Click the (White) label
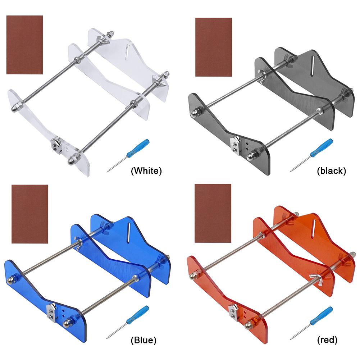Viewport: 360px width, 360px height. (146, 171)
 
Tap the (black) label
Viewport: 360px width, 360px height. (331, 171)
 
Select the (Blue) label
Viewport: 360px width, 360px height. (143, 340)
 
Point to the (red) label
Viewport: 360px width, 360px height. (327, 340)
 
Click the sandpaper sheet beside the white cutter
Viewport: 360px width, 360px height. (24, 45)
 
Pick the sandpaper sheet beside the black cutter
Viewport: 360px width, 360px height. (214, 47)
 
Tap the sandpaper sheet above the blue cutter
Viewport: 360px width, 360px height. (30, 214)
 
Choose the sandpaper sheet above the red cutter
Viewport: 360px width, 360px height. (213, 213)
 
